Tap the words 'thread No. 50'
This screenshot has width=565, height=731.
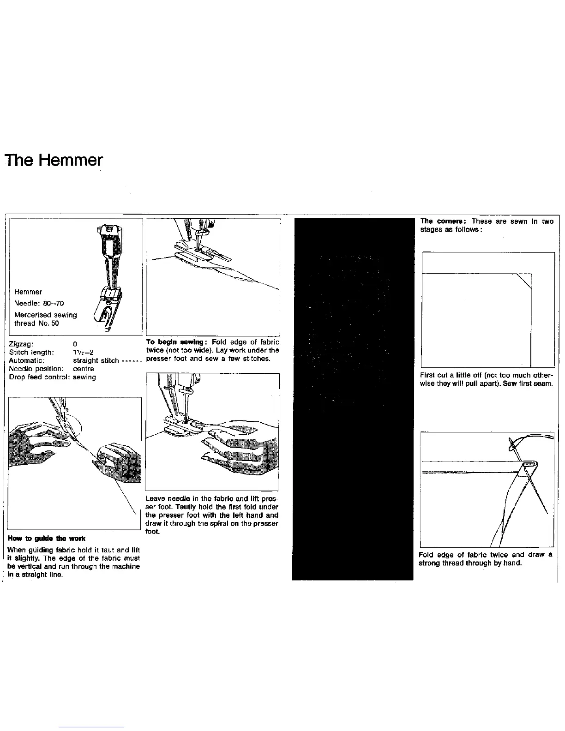click(36, 323)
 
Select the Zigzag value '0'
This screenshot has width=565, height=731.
click(75, 344)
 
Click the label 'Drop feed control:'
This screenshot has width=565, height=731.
click(39, 377)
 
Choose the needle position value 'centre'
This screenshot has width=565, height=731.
click(84, 369)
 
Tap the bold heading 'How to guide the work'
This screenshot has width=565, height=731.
click(47, 539)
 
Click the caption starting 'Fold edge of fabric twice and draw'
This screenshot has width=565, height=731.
click(485, 555)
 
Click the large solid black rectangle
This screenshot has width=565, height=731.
click(353, 397)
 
